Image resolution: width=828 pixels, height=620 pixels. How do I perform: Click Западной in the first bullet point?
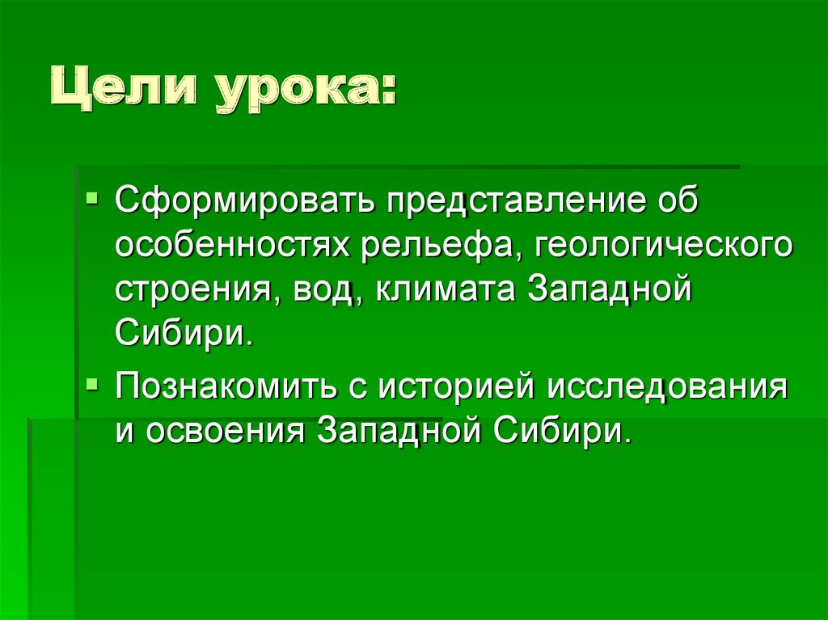pyautogui.click(x=611, y=290)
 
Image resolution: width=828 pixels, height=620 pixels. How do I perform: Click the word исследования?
pyautogui.click(x=667, y=386)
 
